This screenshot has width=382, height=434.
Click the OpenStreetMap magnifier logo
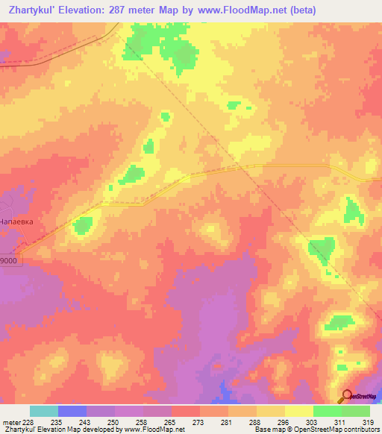pos(348,395)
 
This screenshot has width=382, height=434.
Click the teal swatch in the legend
pos(44,411)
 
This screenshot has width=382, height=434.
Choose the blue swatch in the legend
pos(72,411)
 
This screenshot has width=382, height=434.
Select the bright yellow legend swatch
pos(299,411)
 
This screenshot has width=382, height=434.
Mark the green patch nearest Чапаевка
pos(82,224)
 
